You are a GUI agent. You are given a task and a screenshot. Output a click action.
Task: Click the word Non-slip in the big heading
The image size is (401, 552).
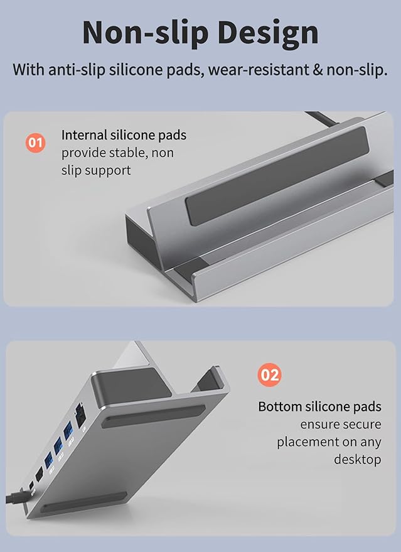146,33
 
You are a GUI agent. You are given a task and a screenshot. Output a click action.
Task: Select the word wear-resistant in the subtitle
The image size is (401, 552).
258,70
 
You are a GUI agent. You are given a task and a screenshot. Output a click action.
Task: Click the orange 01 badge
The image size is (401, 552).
36,143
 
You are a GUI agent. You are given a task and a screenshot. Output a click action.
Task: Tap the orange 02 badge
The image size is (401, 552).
269,375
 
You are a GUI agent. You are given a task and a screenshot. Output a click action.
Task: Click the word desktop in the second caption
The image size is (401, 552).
357,460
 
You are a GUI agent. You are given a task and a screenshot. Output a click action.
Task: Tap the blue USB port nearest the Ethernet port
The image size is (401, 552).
68,432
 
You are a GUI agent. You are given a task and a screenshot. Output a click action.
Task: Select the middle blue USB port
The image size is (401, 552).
58,446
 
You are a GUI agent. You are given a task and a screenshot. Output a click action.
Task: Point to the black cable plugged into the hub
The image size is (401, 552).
16,498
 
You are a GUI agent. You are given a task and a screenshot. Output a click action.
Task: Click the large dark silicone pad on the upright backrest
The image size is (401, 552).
277,176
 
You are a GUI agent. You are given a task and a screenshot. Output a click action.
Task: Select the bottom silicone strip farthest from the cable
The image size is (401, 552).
153,416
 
